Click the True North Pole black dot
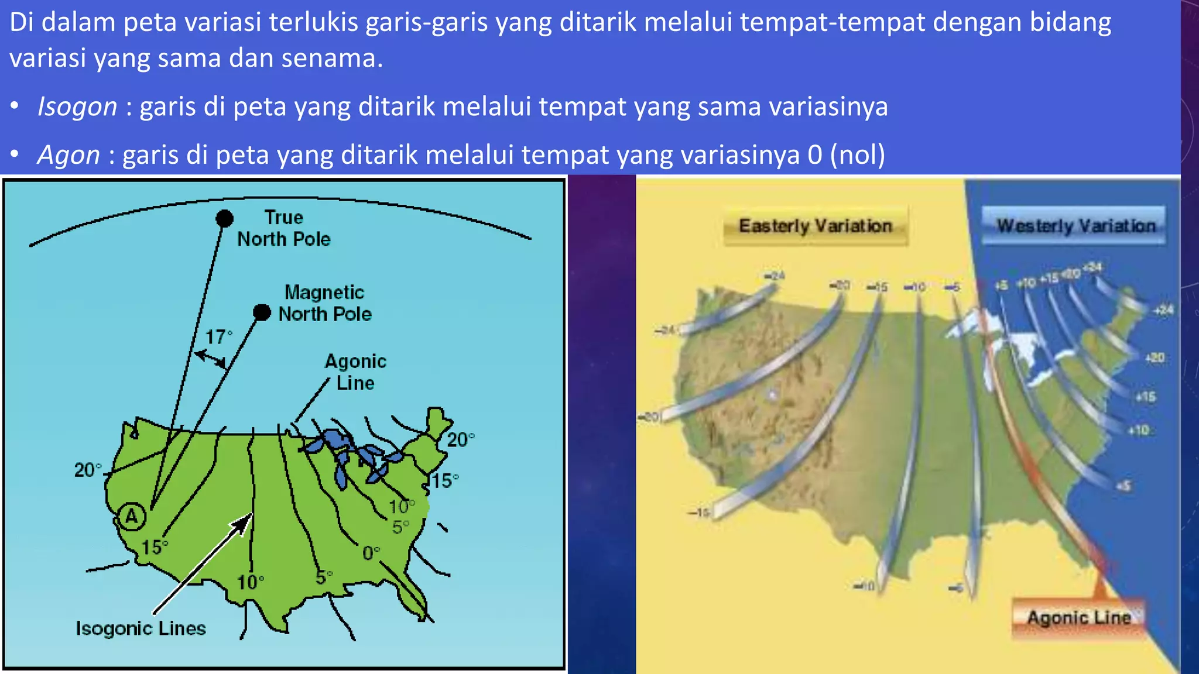224,219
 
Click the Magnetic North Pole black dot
262,312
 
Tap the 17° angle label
218,337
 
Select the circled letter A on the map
132,516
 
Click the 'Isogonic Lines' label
141,628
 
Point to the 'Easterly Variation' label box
815,226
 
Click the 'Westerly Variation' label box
1075,226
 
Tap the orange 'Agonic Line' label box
1078,617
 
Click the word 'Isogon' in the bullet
77,107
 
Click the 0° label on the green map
371,553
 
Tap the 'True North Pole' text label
284,228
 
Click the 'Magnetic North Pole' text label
324,303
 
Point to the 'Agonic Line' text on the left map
355,372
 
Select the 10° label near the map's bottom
250,582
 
